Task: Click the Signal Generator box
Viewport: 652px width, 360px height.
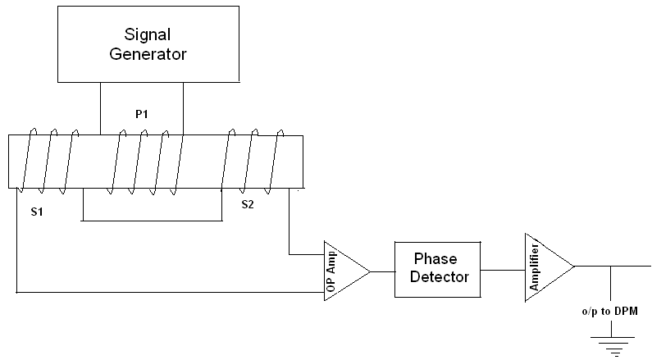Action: pyautogui.click(x=156, y=45)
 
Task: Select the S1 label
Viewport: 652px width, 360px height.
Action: pyautogui.click(x=37, y=212)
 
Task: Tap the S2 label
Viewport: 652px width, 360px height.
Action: pyautogui.click(x=248, y=204)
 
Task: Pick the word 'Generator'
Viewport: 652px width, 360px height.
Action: pyautogui.click(x=156, y=55)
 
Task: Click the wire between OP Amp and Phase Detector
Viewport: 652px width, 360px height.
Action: pyautogui.click(x=382, y=271)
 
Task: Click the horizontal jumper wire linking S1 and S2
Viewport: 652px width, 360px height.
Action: pyautogui.click(x=152, y=220)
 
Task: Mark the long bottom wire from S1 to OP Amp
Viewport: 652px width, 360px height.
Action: pyautogui.click(x=164, y=291)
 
